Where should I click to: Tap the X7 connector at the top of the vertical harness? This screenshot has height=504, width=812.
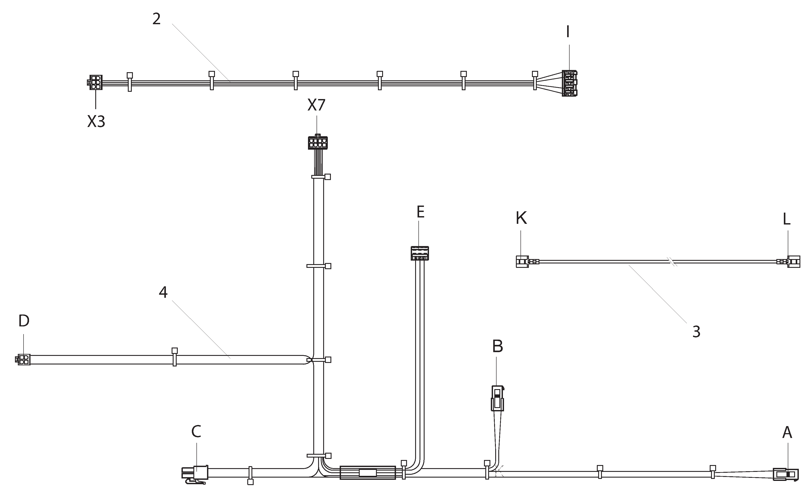coord(317,142)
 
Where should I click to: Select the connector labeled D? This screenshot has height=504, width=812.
coord(23,360)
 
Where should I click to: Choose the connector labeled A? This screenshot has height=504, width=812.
coord(786,474)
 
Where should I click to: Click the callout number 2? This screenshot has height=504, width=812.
coord(157,19)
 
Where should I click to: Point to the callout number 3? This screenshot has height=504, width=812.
coord(696,332)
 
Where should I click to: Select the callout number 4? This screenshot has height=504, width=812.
coord(163,292)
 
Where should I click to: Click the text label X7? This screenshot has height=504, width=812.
coord(316,105)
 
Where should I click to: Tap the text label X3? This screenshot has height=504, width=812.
coord(96,122)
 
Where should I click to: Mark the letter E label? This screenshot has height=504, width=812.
coord(420,212)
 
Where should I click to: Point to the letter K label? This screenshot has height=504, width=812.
coord(521,218)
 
